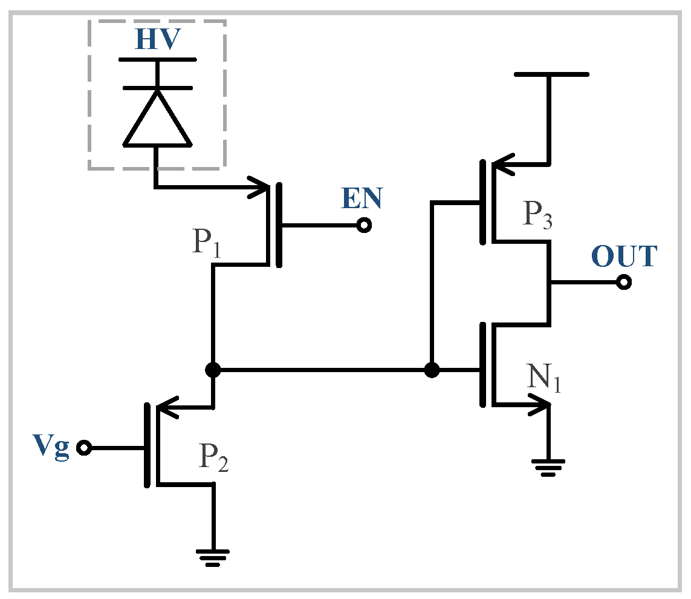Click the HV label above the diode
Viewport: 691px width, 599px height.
(x=157, y=39)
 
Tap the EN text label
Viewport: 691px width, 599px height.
(x=362, y=198)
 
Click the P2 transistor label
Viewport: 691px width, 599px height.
(x=215, y=461)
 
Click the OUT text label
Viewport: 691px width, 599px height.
(x=623, y=257)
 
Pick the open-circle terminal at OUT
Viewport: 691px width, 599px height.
(x=623, y=282)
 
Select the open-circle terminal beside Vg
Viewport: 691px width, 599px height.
(x=83, y=448)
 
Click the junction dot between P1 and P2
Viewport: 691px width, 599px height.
(x=213, y=370)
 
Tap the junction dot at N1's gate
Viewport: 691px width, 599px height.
(x=432, y=370)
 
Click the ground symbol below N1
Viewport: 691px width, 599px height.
(x=548, y=468)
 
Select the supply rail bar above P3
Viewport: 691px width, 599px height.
(x=550, y=74)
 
